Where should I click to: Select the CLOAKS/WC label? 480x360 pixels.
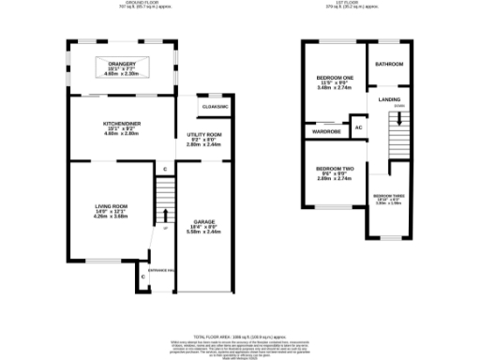coord(215,108)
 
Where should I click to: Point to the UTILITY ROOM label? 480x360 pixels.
coord(203,135)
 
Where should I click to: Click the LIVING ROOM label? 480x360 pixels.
coord(110,206)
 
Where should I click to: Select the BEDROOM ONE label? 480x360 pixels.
coord(335,77)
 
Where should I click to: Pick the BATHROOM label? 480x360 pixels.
coord(388,65)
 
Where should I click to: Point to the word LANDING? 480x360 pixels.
coord(389,98)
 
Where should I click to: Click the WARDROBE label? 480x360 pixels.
coord(327,132)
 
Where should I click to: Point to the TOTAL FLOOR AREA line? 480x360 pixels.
coord(240,336)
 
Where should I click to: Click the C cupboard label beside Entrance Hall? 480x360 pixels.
coord(142,277)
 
